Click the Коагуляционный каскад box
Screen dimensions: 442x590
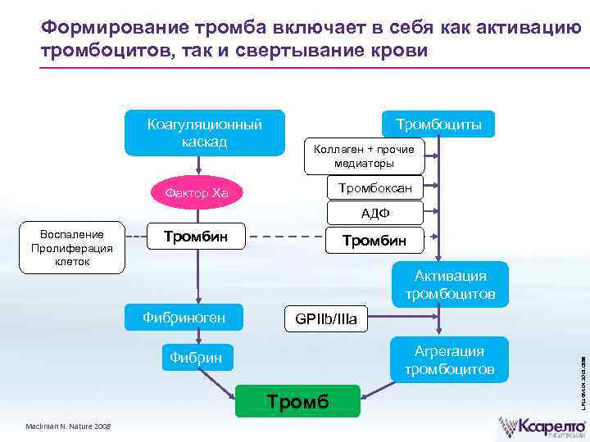[204, 133]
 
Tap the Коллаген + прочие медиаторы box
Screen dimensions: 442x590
[364, 156]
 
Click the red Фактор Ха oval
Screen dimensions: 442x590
[197, 193]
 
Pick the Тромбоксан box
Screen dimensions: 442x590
[375, 187]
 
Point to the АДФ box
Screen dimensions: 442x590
[375, 213]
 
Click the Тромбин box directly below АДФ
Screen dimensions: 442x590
[374, 240]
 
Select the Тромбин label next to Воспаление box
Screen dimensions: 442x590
[196, 237]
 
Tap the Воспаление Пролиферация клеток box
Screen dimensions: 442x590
[72, 247]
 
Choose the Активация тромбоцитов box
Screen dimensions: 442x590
[450, 285]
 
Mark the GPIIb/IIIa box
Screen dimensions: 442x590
[326, 318]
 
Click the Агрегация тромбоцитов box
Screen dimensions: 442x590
[449, 360]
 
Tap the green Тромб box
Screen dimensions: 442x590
[298, 401]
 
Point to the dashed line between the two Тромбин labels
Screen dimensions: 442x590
[287, 238]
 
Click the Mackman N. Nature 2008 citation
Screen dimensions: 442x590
[70, 425]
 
